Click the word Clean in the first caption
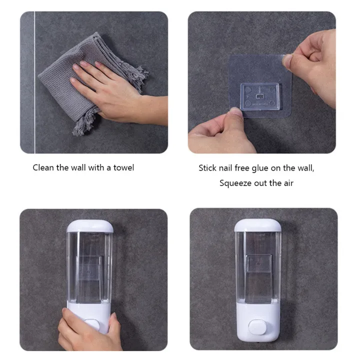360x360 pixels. (43, 167)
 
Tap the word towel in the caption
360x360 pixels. (123, 167)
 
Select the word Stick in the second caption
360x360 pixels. (207, 168)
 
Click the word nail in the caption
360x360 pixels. (227, 168)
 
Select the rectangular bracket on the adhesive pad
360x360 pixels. (259, 96)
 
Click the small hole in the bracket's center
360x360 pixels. (258, 93)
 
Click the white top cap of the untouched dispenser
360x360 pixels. (257, 225)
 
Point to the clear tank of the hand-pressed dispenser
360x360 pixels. (90, 265)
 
